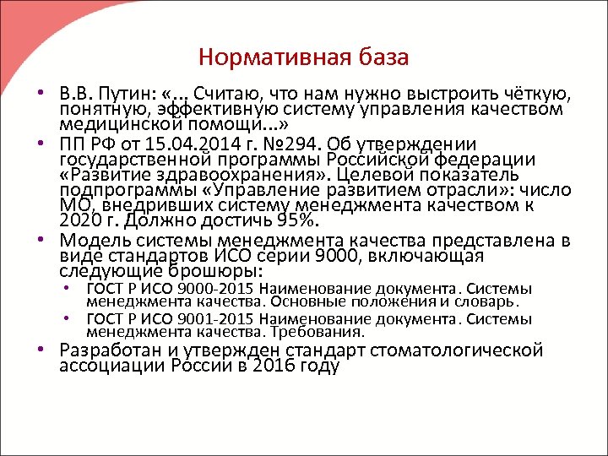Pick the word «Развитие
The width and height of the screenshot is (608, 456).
[99, 176]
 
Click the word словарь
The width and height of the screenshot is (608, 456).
[490, 301]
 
